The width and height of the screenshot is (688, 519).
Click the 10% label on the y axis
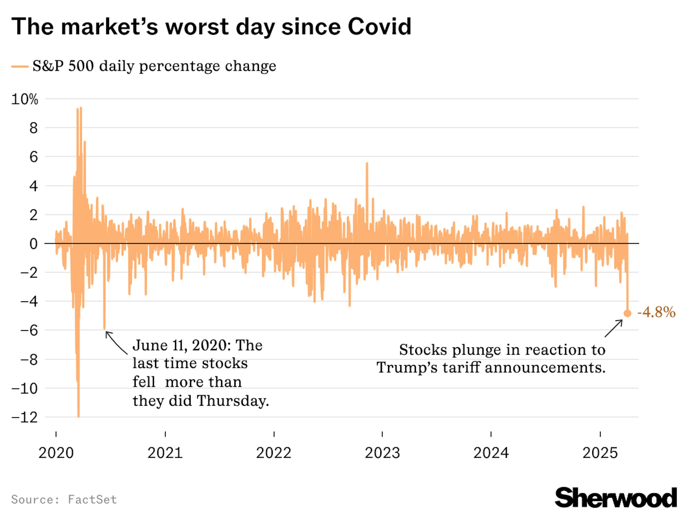click(25, 99)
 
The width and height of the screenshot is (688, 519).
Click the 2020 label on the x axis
click(56, 453)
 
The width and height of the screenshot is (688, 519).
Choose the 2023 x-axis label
click(382, 453)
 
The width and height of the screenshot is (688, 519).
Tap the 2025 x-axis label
click(600, 453)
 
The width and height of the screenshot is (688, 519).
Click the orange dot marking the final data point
click(627, 313)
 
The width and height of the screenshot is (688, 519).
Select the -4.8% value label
click(656, 312)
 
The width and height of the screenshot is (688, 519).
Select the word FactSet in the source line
click(92, 500)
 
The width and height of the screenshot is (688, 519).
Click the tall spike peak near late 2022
click(367, 163)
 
